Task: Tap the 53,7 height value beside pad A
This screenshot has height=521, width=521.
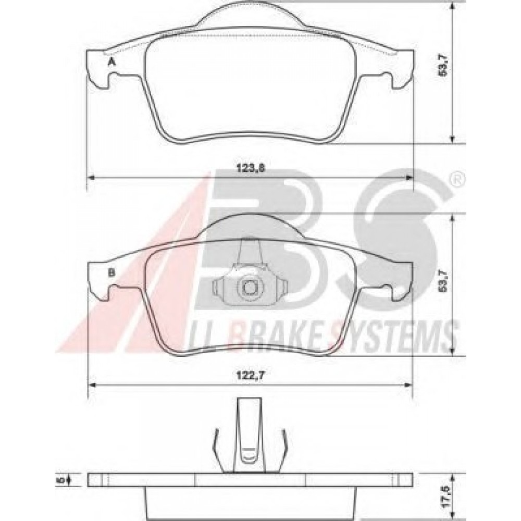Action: pos(443,65)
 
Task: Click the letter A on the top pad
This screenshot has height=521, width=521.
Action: pos(111,63)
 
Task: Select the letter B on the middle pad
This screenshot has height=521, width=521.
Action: pos(111,272)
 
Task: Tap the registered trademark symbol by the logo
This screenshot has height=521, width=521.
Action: pos(457,180)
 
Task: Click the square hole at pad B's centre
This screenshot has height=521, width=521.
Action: pos(249,287)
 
